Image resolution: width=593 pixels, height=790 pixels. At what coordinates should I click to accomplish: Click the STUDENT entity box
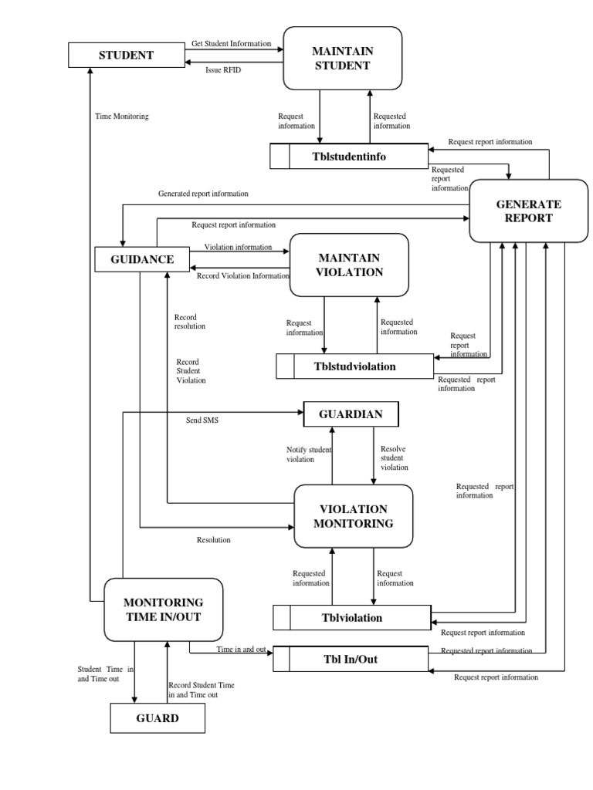(125, 55)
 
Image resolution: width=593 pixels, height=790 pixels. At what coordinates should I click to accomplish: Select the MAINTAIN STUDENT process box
(342, 58)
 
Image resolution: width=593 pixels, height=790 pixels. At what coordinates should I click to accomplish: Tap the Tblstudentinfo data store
(348, 157)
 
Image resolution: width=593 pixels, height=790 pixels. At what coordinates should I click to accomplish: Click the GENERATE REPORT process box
(528, 211)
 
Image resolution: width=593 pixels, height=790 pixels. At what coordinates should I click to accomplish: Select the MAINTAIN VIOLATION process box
(348, 265)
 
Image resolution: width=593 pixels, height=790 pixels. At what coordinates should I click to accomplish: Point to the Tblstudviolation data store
(354, 366)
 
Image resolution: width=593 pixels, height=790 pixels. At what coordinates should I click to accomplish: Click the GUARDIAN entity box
(351, 414)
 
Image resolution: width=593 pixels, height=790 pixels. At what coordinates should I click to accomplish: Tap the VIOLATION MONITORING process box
(354, 516)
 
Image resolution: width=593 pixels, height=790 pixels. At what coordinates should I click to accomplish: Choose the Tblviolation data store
(351, 617)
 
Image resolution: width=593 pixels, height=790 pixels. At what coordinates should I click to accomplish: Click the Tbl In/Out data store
(350, 659)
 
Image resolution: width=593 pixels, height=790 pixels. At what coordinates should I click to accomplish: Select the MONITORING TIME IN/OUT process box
(163, 609)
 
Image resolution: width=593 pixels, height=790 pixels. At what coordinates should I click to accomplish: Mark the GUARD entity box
(158, 718)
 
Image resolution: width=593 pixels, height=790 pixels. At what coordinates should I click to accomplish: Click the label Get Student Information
(231, 43)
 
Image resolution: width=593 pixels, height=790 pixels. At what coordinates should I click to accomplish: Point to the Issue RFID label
(223, 70)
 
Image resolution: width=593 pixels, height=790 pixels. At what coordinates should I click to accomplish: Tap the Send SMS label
(202, 421)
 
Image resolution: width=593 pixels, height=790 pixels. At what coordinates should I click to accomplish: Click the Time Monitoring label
(121, 116)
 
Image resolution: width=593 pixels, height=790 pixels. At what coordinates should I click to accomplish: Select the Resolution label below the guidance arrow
(213, 540)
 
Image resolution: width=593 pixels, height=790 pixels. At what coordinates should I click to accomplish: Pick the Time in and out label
(241, 650)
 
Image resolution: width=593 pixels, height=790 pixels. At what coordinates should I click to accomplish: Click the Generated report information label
(203, 194)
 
